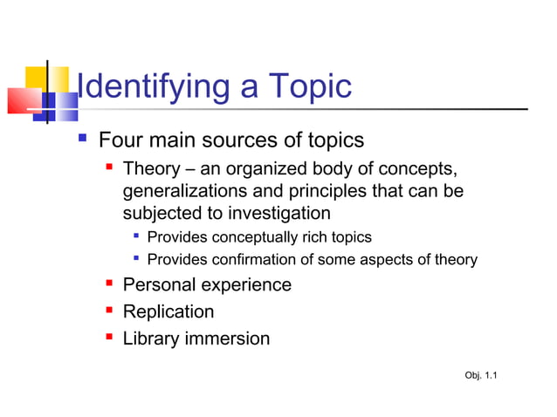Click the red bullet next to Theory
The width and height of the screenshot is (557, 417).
pos(109,167)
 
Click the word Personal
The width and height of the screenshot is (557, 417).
pos(159,284)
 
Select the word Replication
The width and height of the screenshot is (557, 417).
pos(168,311)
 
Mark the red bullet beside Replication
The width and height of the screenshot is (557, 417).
pos(109,311)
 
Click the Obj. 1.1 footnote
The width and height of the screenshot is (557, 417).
pos(482,376)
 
